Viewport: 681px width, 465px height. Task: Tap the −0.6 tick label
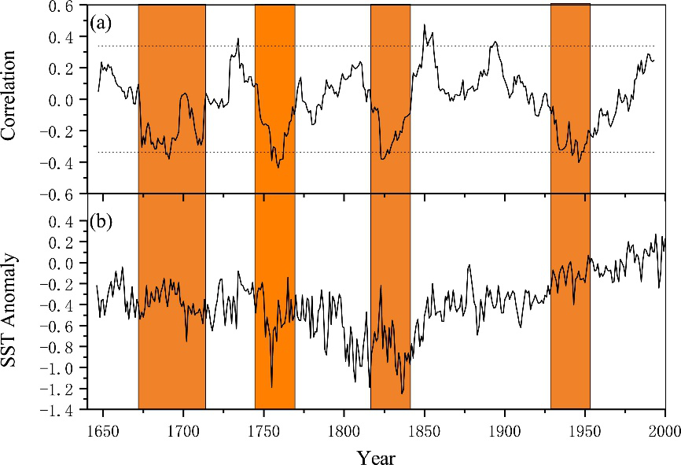click(59, 194)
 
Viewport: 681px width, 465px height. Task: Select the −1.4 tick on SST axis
click(59, 410)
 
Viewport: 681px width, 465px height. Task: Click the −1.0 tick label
click(59, 368)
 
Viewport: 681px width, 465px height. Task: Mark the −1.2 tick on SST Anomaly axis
click(59, 389)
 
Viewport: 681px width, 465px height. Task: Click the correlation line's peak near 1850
click(425, 25)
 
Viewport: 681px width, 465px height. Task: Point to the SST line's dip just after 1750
click(272, 386)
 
